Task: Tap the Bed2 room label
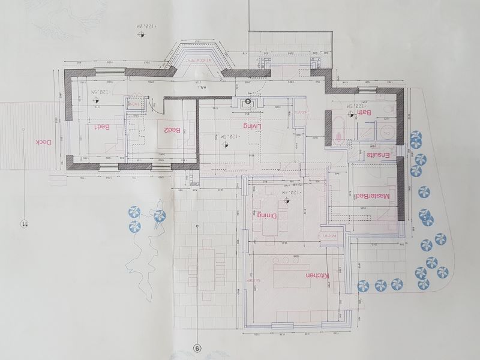pos(173,129)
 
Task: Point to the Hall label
pos(191,88)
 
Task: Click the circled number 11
pos(25,224)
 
